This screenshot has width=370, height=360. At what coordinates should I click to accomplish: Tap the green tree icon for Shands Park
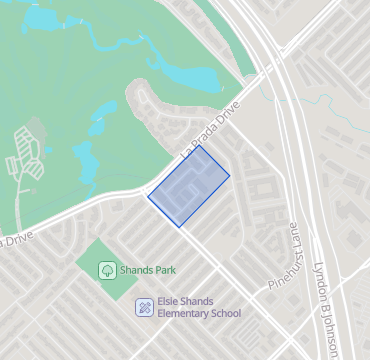click(106, 270)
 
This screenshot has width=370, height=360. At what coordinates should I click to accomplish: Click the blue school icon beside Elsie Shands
click(144, 306)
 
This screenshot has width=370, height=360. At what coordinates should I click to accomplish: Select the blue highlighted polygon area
click(188, 186)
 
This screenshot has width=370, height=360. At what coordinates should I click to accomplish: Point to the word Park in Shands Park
click(163, 270)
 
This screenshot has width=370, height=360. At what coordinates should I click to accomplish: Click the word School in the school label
click(225, 313)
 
